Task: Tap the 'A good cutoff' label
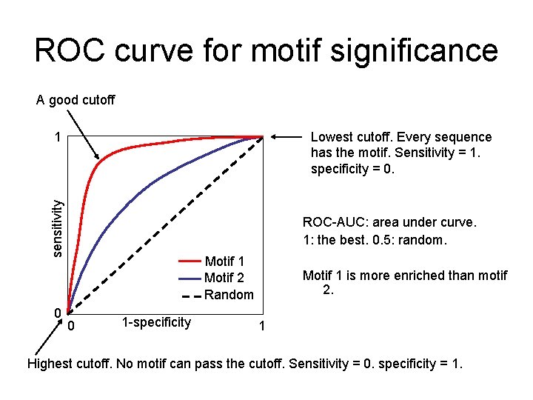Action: coord(76,99)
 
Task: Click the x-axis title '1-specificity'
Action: coord(156,322)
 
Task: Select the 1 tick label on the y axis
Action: coord(57,137)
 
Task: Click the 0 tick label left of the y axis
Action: coord(57,313)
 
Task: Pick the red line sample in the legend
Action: coord(190,261)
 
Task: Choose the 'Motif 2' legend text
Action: coord(224,278)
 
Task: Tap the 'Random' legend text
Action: coord(229,295)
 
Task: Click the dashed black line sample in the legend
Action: coord(190,295)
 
